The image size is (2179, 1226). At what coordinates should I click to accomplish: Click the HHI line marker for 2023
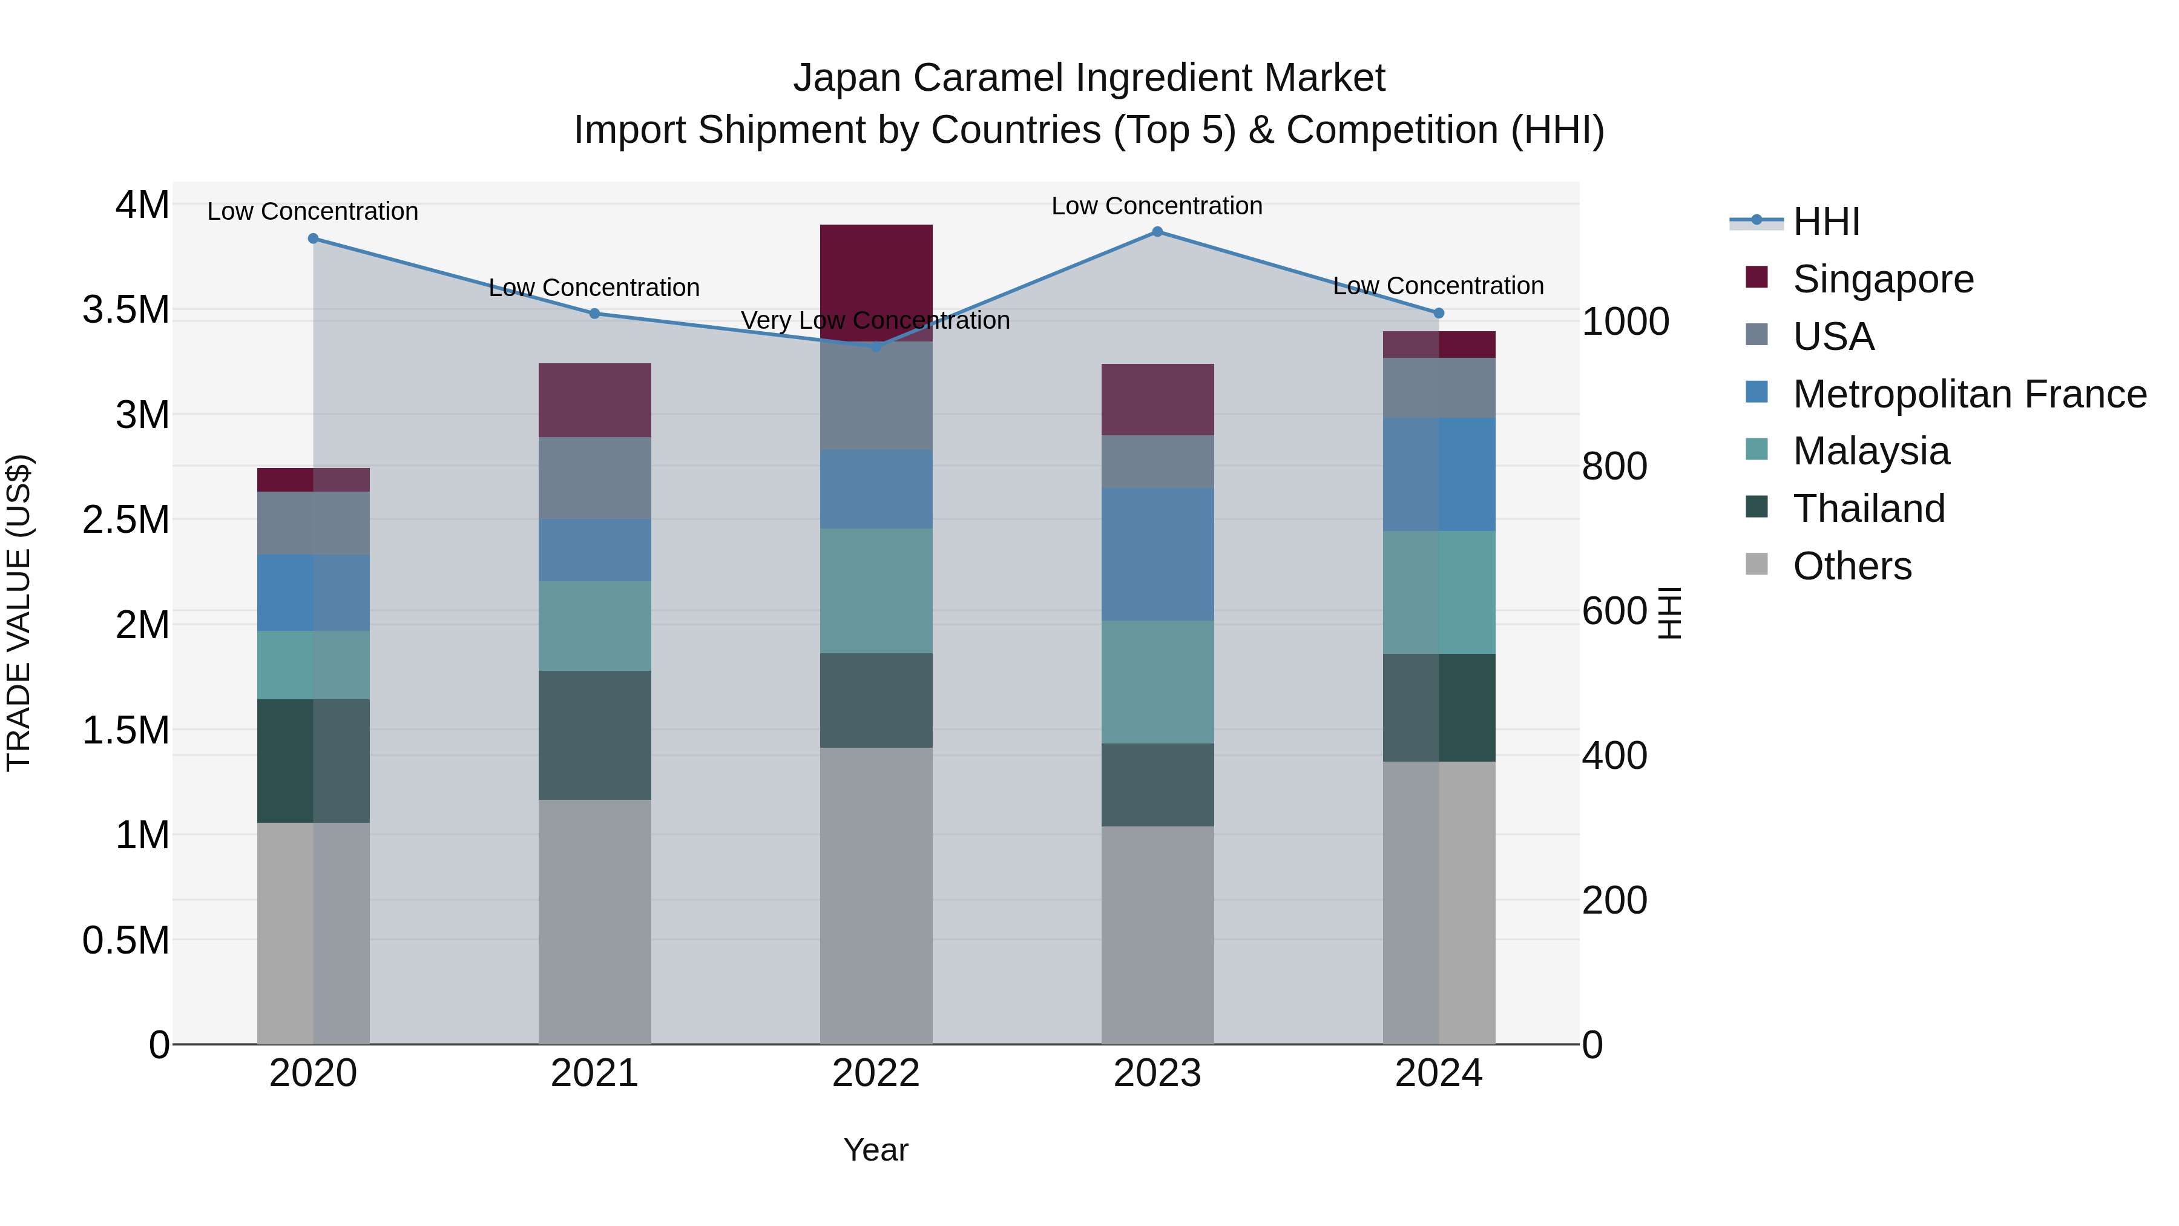pyautogui.click(x=1157, y=231)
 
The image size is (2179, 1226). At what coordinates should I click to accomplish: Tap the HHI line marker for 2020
pyautogui.click(x=313, y=239)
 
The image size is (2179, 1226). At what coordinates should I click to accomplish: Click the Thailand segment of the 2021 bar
pyautogui.click(x=594, y=734)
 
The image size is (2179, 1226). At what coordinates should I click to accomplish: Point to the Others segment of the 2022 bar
pyautogui.click(x=876, y=895)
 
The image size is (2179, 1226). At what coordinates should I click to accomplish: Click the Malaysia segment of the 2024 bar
pyautogui.click(x=1439, y=592)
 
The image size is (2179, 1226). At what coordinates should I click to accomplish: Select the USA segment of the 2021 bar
pyautogui.click(x=594, y=478)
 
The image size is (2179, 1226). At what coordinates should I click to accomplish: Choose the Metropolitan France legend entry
pyautogui.click(x=1968, y=394)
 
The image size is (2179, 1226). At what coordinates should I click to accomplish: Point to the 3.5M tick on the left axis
pyautogui.click(x=125, y=309)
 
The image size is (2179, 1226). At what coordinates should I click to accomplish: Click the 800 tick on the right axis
pyautogui.click(x=1614, y=466)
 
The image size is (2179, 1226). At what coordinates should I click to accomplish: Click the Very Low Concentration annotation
pyautogui.click(x=875, y=321)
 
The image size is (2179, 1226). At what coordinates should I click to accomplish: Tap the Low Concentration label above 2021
pyautogui.click(x=594, y=288)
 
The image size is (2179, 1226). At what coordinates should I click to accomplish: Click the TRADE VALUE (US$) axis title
pyautogui.click(x=19, y=613)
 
